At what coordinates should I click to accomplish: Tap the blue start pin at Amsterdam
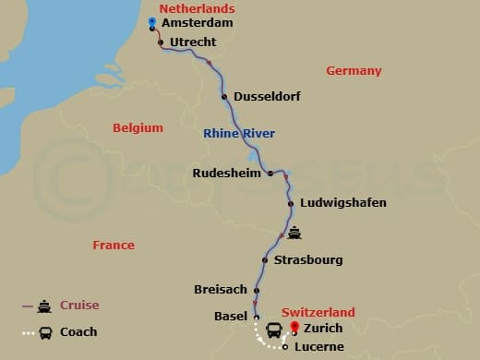[x=152, y=23]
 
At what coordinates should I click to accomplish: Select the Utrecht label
[x=193, y=42]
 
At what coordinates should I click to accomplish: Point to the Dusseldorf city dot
[x=224, y=96]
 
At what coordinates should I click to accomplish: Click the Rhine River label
[x=239, y=134]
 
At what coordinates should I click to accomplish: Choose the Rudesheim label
[x=228, y=173]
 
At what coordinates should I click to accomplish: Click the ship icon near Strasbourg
[x=294, y=233]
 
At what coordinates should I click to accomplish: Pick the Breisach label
[x=220, y=289]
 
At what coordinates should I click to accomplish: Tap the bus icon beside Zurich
[x=275, y=330]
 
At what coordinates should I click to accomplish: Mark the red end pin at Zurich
[x=294, y=327]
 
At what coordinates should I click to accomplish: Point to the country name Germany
[x=354, y=71]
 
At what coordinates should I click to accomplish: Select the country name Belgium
[x=138, y=128]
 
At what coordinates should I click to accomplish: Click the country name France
[x=114, y=246]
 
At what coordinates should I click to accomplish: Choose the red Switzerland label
[x=318, y=313]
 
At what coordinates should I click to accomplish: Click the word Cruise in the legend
[x=79, y=306]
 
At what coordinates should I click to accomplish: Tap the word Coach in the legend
[x=79, y=332]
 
